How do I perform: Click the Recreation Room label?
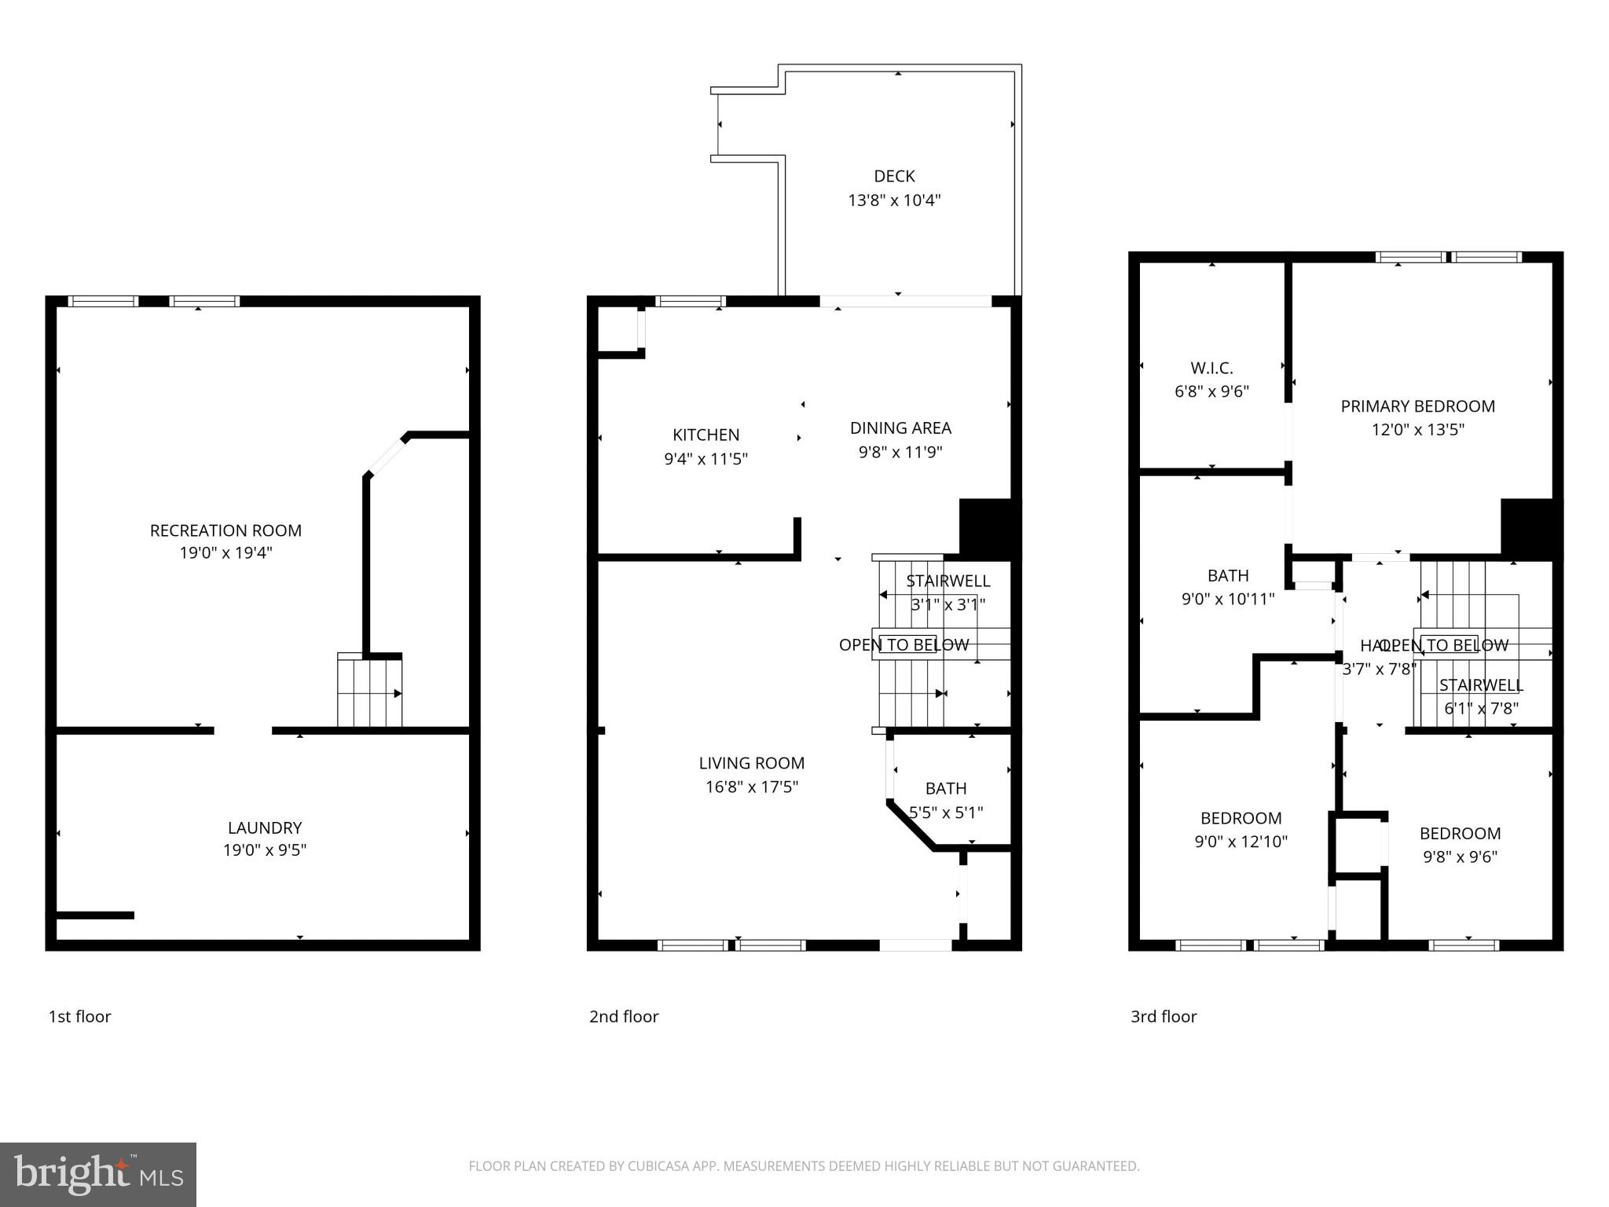click(225, 530)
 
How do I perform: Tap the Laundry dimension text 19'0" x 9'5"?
click(265, 849)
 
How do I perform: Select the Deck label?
click(894, 176)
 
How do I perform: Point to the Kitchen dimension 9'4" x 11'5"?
click(706, 459)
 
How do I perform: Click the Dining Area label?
click(900, 428)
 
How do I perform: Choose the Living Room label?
click(751, 763)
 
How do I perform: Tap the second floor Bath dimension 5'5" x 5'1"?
click(946, 813)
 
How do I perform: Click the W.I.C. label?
click(1211, 368)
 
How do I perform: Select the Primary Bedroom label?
click(1417, 406)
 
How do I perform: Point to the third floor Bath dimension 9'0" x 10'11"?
click(1228, 600)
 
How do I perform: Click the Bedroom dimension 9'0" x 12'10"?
click(1241, 842)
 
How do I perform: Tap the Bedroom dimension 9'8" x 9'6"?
click(1460, 857)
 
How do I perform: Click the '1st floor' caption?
click(79, 1017)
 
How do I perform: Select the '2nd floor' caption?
click(624, 1017)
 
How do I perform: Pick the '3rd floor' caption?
click(1164, 1017)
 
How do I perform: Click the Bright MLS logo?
click(97, 1174)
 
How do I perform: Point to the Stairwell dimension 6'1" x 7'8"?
click(1481, 708)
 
